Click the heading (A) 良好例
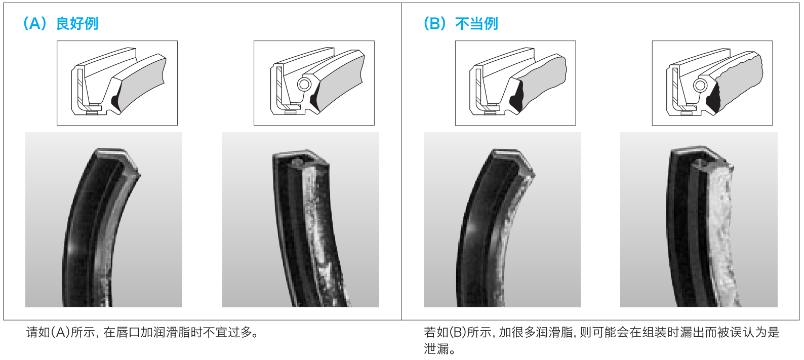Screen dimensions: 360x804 [61, 23]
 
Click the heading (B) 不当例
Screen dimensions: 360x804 [461, 23]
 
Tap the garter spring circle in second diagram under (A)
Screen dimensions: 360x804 [304, 84]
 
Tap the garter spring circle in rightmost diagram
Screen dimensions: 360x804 [700, 85]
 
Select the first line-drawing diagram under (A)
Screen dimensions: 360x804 [117, 83]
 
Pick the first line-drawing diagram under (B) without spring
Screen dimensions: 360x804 [515, 83]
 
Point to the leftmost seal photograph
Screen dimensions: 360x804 [103, 219]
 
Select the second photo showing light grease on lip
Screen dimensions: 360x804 [300, 219]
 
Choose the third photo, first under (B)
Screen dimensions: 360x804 [502, 219]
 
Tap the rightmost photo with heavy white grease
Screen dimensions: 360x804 [698, 219]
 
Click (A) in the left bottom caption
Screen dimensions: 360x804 [60, 333]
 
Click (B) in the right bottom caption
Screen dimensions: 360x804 [457, 333]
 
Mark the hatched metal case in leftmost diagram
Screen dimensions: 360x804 [80, 86]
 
